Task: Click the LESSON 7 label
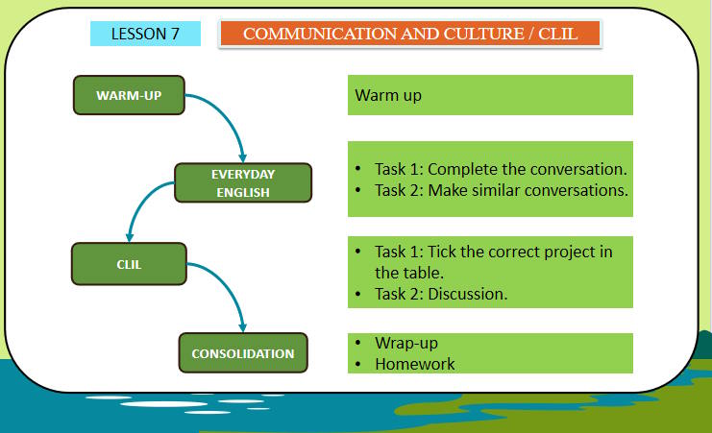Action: tap(145, 34)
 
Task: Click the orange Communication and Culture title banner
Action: tap(410, 34)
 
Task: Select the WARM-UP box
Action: tap(129, 95)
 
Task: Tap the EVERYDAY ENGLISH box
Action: tap(243, 182)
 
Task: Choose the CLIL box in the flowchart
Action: tap(129, 263)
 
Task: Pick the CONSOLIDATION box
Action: tap(243, 353)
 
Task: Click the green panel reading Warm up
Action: tap(490, 95)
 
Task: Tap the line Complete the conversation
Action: tap(500, 169)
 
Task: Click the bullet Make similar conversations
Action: tap(500, 190)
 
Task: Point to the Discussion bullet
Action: tap(440, 294)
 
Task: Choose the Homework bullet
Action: tap(414, 364)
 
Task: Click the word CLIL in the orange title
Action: tap(559, 34)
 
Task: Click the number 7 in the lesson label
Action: tap(175, 34)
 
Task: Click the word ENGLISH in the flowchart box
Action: tap(243, 192)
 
